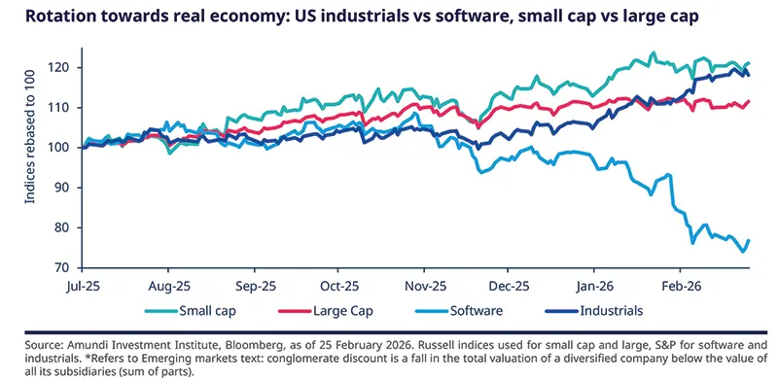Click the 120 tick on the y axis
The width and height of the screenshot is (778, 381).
click(x=65, y=67)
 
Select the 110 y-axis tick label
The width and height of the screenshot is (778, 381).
click(x=65, y=107)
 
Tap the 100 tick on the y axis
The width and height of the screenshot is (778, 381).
click(x=65, y=148)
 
